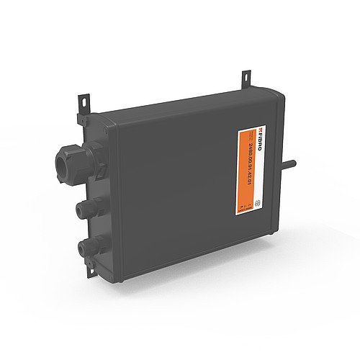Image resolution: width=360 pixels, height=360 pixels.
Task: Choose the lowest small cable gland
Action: tap(84, 249)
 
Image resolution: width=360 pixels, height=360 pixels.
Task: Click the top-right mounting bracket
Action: tap(246, 76)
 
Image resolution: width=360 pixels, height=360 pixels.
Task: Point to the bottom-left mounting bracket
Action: tap(91, 271)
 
